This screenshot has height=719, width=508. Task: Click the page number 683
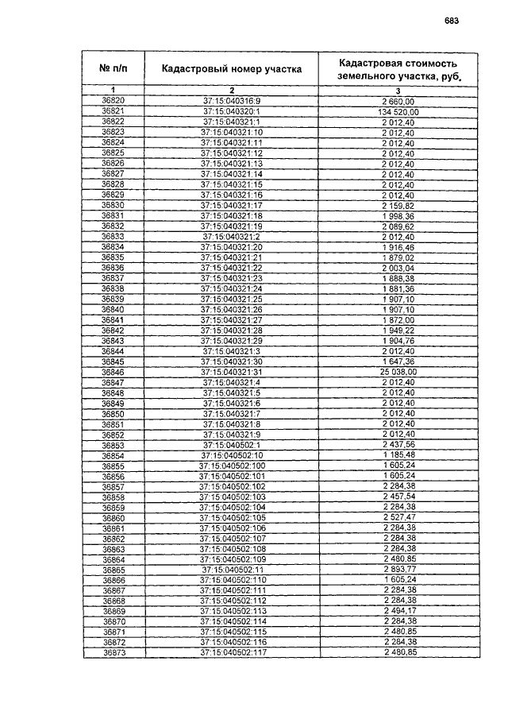point(452,22)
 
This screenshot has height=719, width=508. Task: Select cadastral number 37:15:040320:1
point(231,112)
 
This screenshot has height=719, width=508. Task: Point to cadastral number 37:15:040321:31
point(231,372)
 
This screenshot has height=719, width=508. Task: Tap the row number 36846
point(113,372)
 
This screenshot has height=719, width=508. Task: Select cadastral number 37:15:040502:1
point(231,445)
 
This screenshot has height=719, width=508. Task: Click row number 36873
point(113,652)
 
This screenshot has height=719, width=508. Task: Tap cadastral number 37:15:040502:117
point(231,652)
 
